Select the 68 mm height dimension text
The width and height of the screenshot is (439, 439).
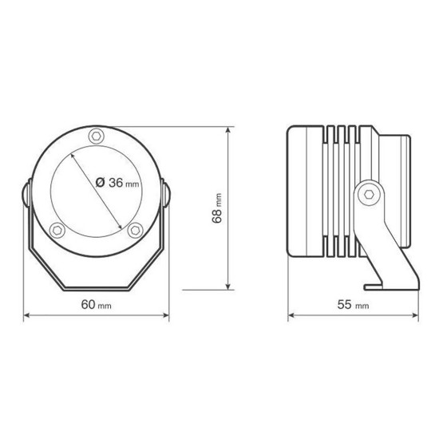(x=216, y=208)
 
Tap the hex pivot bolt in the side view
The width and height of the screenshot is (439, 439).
(x=367, y=193)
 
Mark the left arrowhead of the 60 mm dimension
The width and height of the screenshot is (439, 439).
(x=26, y=316)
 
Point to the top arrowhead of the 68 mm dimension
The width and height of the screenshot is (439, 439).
(x=228, y=129)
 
